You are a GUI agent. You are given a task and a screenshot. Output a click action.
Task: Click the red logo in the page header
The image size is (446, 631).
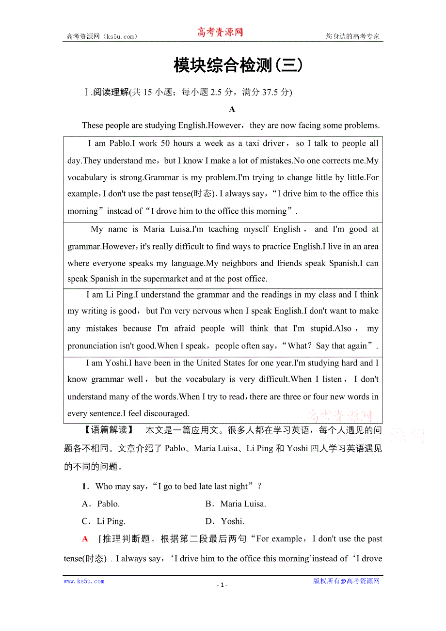(220, 32)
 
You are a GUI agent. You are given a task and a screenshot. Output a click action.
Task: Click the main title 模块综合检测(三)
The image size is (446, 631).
(238, 65)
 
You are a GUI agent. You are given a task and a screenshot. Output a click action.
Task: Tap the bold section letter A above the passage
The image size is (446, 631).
(232, 109)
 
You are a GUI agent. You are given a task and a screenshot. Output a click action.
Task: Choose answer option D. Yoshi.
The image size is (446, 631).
(225, 521)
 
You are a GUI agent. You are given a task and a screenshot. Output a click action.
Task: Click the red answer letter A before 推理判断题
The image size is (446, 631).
(85, 539)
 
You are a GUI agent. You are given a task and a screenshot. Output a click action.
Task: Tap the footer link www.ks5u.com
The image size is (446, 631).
(84, 581)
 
